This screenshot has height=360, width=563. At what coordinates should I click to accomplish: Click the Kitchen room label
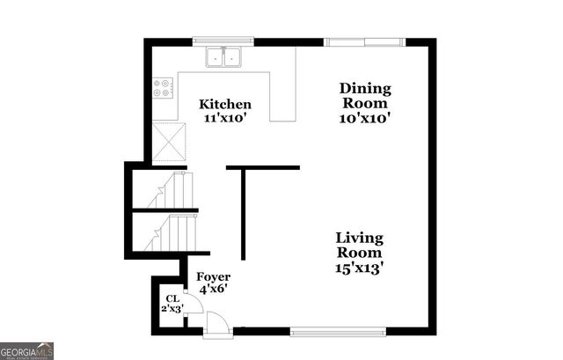(225, 103)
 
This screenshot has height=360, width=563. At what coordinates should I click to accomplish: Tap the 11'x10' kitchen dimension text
(225, 118)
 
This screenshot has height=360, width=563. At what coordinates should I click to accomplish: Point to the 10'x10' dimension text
(365, 116)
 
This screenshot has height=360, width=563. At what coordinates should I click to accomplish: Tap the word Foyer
(213, 277)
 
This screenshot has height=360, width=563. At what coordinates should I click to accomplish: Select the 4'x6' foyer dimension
(213, 290)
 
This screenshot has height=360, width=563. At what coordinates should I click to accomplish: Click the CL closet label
(171, 298)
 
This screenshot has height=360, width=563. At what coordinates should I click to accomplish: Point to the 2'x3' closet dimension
(171, 309)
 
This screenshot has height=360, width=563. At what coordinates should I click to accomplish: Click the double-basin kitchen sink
(224, 57)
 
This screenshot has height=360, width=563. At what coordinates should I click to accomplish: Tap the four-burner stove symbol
(163, 87)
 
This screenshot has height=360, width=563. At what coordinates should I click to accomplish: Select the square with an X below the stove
(169, 142)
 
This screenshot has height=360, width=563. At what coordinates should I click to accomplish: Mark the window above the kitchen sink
(223, 40)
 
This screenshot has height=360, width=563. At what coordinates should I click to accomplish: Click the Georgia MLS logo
(27, 351)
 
